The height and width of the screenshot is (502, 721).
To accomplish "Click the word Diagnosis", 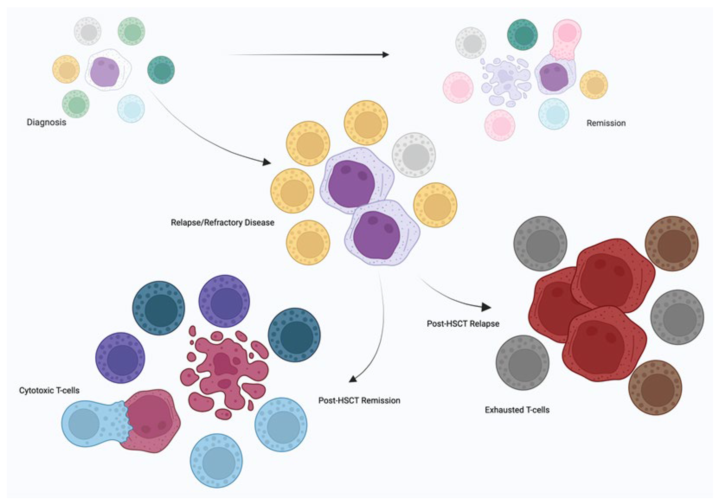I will pyautogui.click(x=46, y=122).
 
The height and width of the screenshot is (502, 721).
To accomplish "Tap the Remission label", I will pyautogui.click(x=606, y=123).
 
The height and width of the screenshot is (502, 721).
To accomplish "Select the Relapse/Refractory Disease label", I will pyautogui.click(x=222, y=223).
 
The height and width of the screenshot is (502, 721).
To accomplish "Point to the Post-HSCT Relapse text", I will pyautogui.click(x=463, y=324).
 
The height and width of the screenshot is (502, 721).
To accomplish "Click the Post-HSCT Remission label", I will pyautogui.click(x=359, y=401).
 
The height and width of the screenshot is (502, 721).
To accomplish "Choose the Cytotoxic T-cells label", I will pyautogui.click(x=49, y=390).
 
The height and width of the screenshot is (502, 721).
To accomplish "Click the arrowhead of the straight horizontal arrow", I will pyautogui.click(x=385, y=55).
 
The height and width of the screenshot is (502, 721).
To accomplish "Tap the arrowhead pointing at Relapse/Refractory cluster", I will pyautogui.click(x=267, y=162).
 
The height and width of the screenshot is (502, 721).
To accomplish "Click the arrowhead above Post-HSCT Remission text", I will pyautogui.click(x=353, y=379).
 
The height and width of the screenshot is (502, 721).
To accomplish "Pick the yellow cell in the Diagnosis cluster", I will pyautogui.click(x=66, y=69).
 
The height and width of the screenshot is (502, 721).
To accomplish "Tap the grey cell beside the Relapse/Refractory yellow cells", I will pyautogui.click(x=414, y=155).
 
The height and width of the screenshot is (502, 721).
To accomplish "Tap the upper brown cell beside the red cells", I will pyautogui.click(x=672, y=243).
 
